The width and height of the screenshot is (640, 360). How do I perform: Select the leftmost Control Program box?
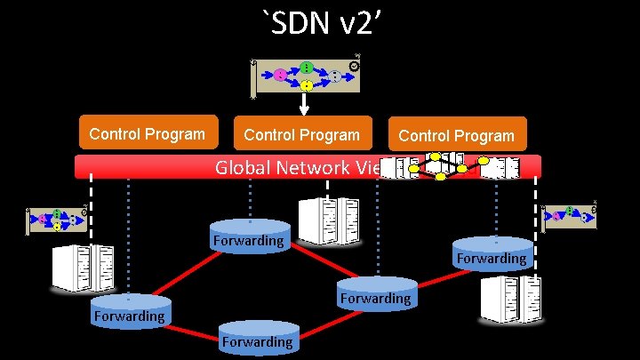click(x=148, y=134)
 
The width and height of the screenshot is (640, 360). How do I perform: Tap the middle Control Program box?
click(x=301, y=135)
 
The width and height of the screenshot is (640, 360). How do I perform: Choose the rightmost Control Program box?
click(x=457, y=135)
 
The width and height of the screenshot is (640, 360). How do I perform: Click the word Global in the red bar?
click(x=243, y=166)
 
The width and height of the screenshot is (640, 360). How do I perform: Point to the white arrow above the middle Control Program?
click(x=304, y=104)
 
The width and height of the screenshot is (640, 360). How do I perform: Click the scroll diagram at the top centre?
click(x=305, y=76)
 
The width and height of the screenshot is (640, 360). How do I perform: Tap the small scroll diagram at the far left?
click(x=56, y=220)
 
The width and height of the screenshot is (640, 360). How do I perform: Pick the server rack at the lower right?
click(x=511, y=298)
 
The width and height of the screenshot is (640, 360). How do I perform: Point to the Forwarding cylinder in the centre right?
click(x=375, y=296)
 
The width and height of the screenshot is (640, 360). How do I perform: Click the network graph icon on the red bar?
click(x=444, y=166)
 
